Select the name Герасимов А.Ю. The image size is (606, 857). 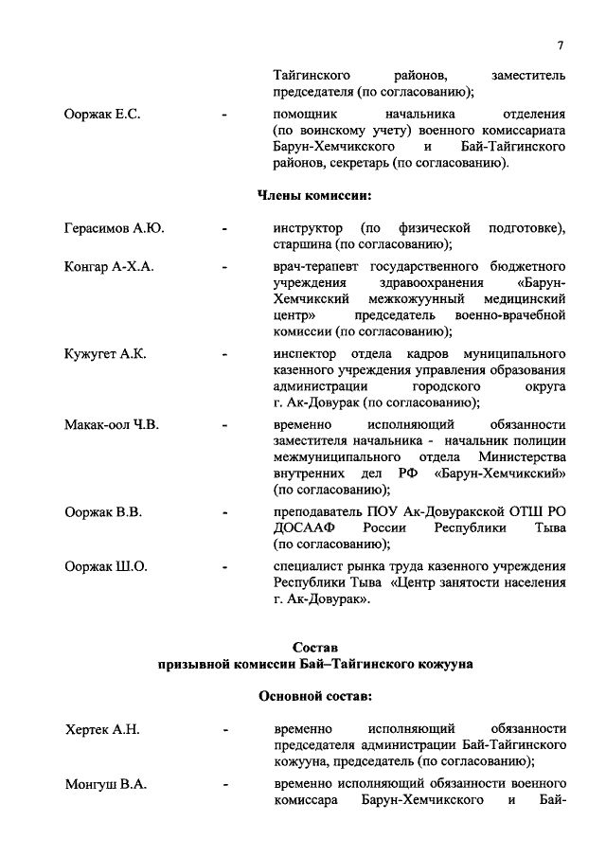pos(115,228)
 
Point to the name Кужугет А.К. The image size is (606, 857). pos(105,353)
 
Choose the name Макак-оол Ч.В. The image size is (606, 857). pos(112,424)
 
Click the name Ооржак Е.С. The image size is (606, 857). pos(102,115)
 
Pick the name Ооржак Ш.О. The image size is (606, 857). pos(106,566)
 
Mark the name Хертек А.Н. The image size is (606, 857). pos(102,728)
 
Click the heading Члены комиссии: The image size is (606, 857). pos(315,195)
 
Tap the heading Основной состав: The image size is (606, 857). pos(315,696)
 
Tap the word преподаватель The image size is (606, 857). pos(321,511)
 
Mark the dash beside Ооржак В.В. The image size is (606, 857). pos(223,512)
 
